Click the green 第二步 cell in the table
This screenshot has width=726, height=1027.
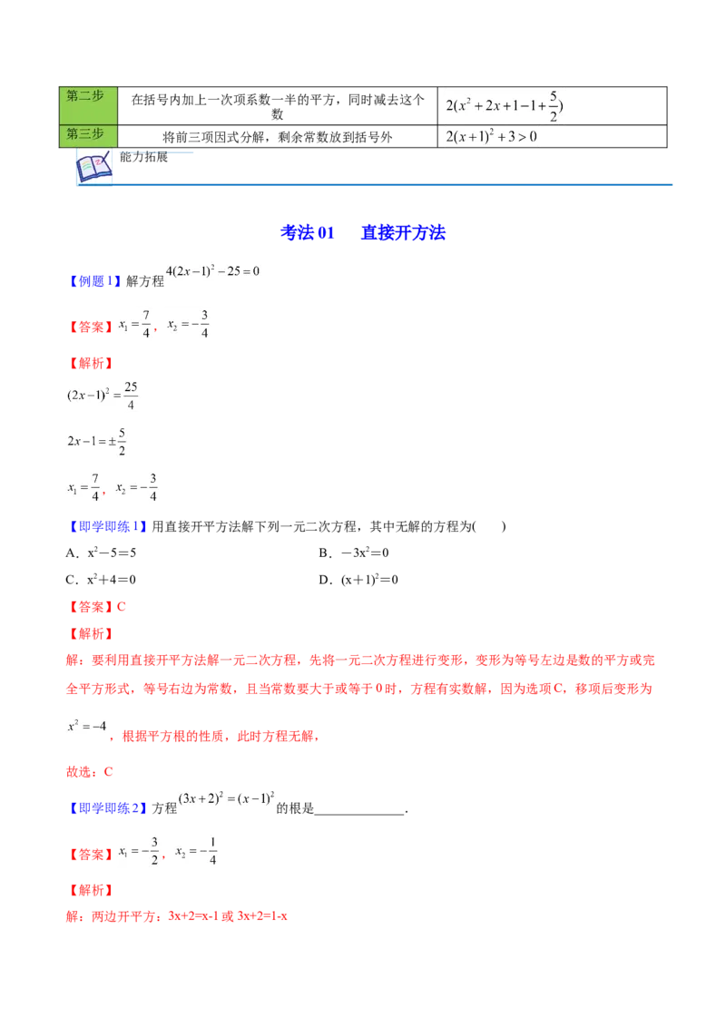(88, 105)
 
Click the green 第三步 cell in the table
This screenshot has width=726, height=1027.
(88, 136)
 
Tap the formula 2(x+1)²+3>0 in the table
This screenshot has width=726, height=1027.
(492, 136)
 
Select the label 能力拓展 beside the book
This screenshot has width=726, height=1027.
(143, 157)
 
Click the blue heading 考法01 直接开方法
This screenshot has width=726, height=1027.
(363, 232)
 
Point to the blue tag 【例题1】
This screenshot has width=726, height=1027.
(94, 281)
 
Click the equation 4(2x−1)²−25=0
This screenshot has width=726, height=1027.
(212, 271)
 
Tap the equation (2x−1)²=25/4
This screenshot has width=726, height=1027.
(103, 395)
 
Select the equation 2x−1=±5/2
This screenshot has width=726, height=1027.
(96, 442)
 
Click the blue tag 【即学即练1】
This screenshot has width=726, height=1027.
(107, 526)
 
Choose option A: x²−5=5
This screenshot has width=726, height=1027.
(101, 553)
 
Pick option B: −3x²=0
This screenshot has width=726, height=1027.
(354, 553)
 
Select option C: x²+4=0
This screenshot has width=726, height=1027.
(101, 580)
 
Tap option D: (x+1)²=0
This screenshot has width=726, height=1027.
(358, 580)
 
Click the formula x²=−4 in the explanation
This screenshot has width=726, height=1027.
(86, 726)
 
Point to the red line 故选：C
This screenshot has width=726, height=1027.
(89, 772)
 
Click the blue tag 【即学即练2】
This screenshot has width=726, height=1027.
(107, 808)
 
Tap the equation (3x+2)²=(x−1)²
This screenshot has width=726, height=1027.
(226, 798)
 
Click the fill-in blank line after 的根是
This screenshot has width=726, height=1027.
(359, 814)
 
